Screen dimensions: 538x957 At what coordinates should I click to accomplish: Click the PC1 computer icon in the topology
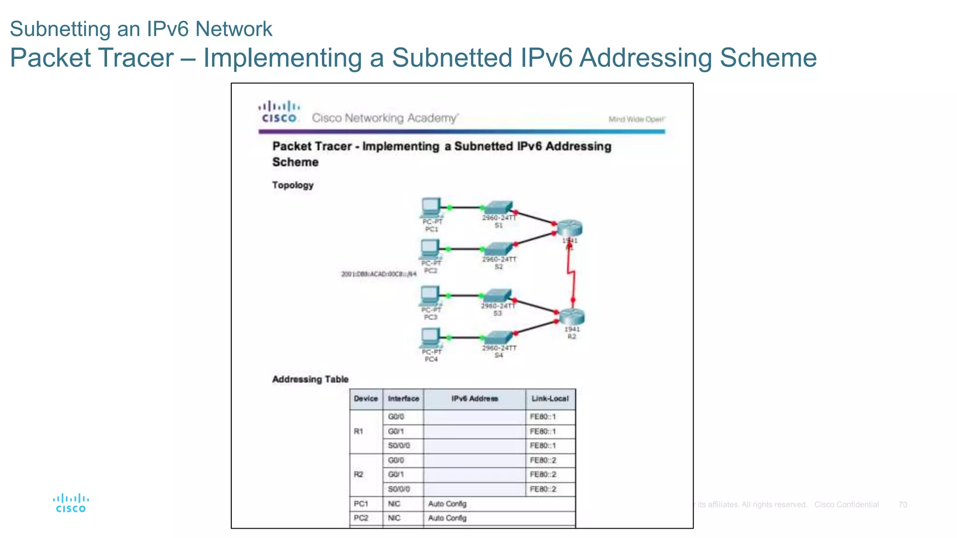[430, 207]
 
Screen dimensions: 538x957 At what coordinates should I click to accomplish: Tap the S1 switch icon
[499, 207]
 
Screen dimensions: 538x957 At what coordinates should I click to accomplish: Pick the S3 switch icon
[497, 296]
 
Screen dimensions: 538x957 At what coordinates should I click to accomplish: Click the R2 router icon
[571, 317]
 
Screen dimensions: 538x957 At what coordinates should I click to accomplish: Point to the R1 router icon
[570, 228]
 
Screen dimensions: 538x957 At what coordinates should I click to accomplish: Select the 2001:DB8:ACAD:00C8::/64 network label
[379, 274]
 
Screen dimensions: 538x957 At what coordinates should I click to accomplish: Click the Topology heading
[293, 185]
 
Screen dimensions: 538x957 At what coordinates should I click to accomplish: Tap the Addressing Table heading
[310, 379]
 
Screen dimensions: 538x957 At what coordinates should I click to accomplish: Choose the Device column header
[365, 399]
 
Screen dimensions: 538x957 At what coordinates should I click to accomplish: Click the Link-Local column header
[550, 399]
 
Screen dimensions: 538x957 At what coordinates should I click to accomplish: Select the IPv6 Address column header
[474, 399]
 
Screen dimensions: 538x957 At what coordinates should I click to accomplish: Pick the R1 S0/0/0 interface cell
[399, 446]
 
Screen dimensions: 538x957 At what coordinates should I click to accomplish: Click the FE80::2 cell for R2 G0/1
[543, 474]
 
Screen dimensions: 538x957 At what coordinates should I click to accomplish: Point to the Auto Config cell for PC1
[447, 504]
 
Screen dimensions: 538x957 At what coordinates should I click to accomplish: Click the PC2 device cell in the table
[361, 518]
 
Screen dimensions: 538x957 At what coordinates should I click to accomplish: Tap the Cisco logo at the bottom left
[71, 503]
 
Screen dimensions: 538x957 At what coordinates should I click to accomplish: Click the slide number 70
[902, 505]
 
